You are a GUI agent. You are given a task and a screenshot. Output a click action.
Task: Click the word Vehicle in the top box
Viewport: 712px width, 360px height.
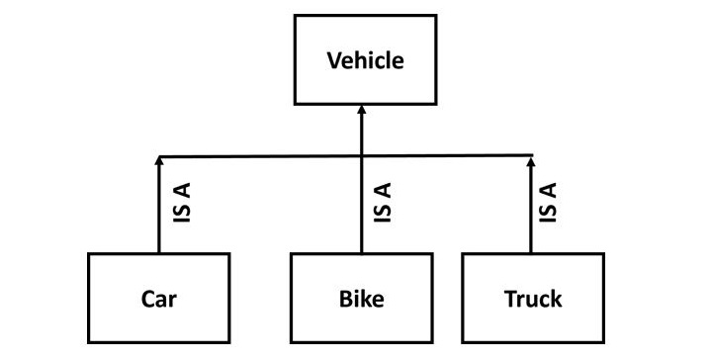tap(365, 60)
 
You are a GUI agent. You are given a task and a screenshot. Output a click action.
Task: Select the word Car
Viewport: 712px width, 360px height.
tap(158, 298)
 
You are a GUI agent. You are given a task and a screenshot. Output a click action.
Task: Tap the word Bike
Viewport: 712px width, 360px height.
tap(361, 298)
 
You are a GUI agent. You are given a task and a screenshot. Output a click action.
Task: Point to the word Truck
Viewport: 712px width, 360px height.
tap(532, 298)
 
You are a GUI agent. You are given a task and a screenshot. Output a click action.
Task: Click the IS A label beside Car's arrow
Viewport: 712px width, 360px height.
tap(182, 204)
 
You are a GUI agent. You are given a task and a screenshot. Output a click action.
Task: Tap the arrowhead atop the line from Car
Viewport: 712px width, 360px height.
tap(158, 160)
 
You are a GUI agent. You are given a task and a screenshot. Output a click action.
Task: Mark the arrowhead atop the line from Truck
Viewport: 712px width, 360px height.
tap(531, 160)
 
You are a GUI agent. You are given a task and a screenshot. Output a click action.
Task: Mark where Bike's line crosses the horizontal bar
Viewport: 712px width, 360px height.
tap(361, 155)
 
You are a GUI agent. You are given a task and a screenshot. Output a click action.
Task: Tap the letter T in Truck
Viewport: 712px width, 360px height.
tap(508, 298)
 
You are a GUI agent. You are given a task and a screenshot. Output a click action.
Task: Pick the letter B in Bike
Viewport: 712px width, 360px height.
tap(342, 298)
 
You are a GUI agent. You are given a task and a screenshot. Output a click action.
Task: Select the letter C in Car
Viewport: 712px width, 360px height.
tap(145, 298)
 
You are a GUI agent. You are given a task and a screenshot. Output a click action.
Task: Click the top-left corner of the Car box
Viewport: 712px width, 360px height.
tap(88, 254)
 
